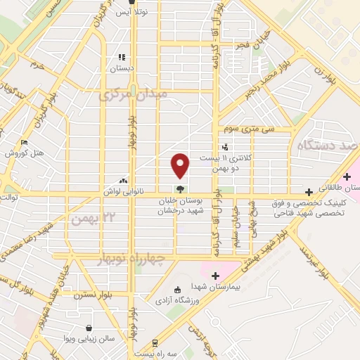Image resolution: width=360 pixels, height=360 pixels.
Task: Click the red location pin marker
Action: pyautogui.click(x=181, y=165)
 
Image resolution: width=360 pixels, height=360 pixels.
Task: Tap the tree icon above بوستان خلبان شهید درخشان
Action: pyautogui.click(x=181, y=188)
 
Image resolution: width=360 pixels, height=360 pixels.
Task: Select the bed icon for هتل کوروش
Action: pyautogui.click(x=25, y=143)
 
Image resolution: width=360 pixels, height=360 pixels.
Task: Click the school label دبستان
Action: pyautogui.click(x=122, y=69)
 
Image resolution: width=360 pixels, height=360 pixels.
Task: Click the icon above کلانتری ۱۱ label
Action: pyautogui.click(x=224, y=148)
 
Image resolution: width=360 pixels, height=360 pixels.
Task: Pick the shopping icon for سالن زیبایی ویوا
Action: pyautogui.click(x=89, y=328)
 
